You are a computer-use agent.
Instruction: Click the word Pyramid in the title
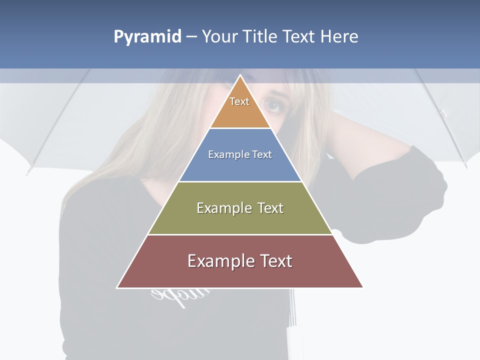(147, 37)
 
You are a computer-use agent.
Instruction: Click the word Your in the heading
(218, 37)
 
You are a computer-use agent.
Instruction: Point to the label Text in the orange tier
(239, 101)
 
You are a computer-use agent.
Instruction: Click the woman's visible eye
(272, 104)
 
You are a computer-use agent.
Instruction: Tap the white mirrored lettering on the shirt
(165, 296)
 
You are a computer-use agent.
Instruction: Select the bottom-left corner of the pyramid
(117, 287)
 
